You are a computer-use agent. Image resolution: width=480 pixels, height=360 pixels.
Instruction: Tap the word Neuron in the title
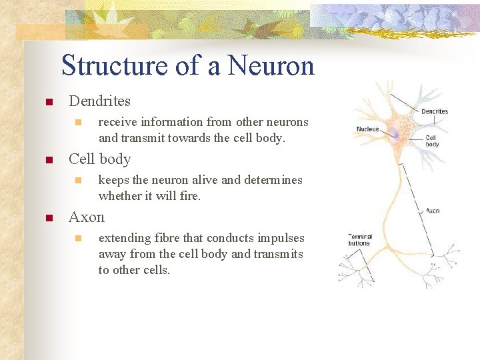tap(270, 66)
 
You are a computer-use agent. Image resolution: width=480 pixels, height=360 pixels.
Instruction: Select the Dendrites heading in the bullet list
tap(99, 101)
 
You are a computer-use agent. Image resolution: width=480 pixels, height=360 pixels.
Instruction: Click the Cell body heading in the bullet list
tap(99, 159)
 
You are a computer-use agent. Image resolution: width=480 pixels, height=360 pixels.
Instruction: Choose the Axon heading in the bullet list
tap(87, 217)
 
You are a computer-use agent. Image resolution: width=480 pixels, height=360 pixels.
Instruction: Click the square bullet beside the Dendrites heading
tap(48, 103)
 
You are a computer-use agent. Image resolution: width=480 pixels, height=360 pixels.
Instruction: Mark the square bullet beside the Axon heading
tap(48, 219)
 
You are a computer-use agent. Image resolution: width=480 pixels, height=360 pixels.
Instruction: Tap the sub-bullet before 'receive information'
tap(78, 123)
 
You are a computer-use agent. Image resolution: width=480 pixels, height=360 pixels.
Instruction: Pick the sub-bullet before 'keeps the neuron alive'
tap(78, 181)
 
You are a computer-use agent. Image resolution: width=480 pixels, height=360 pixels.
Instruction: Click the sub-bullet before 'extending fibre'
tap(78, 239)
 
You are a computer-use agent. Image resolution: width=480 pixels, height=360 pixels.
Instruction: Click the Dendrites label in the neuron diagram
tap(435, 111)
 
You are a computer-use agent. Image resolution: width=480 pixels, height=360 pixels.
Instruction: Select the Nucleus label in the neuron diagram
tap(367, 129)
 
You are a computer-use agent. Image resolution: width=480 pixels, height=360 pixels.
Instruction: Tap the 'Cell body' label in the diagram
tap(432, 141)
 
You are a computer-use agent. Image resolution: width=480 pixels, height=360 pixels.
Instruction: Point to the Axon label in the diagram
tap(433, 211)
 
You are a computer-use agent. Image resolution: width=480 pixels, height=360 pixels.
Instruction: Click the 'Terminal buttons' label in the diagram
tap(359, 239)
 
